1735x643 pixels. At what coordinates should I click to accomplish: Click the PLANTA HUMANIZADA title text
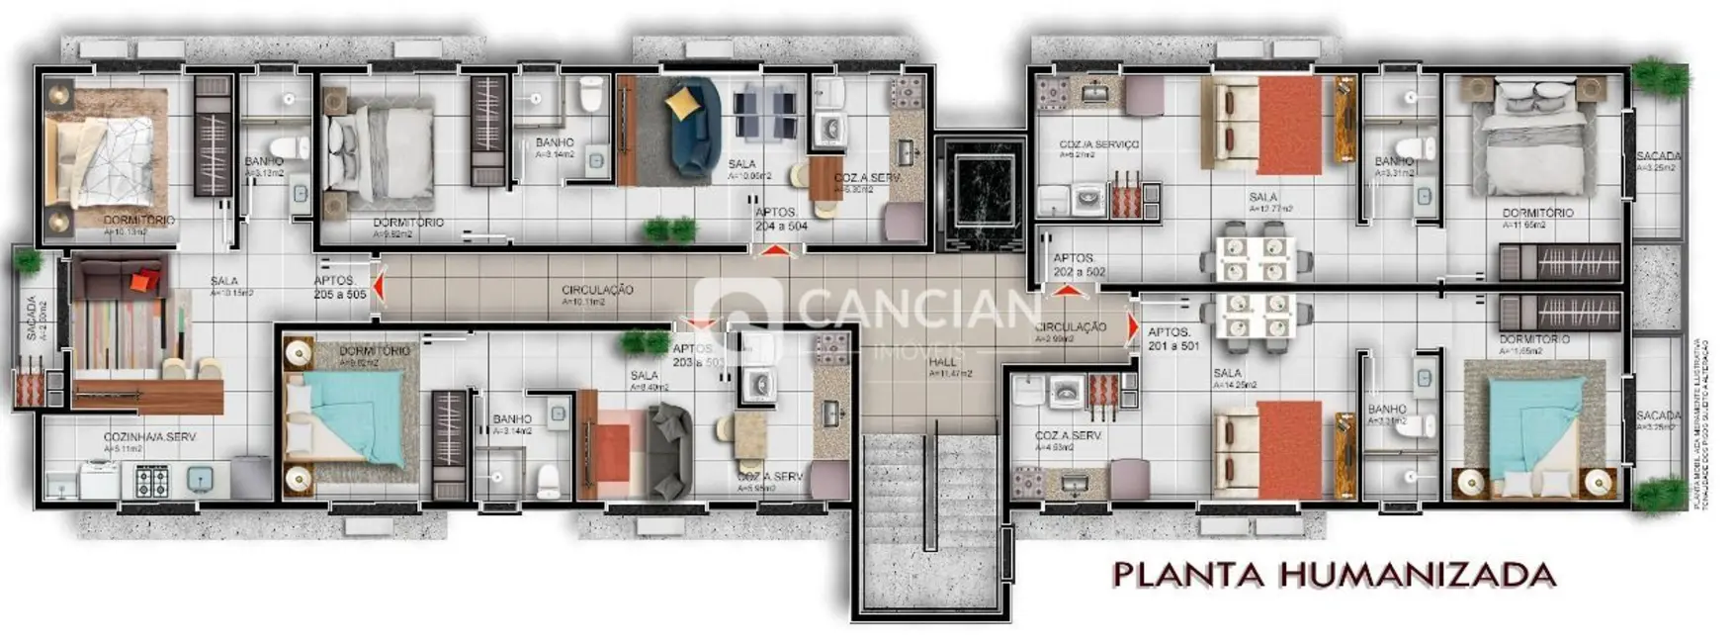tap(1334, 575)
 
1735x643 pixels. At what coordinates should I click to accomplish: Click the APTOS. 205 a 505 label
tap(339, 287)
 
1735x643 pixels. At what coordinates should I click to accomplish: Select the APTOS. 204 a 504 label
tap(781, 219)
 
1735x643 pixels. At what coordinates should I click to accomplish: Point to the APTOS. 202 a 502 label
tap(1079, 265)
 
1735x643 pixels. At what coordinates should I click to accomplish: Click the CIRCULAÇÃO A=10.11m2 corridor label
tap(598, 295)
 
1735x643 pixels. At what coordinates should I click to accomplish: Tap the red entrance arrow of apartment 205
tap(379, 287)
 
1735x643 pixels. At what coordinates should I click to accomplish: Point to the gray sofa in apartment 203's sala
tap(671, 451)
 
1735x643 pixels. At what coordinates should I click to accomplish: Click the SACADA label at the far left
tap(32, 319)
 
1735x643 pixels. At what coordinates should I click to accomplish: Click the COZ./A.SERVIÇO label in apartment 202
tap(1098, 145)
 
